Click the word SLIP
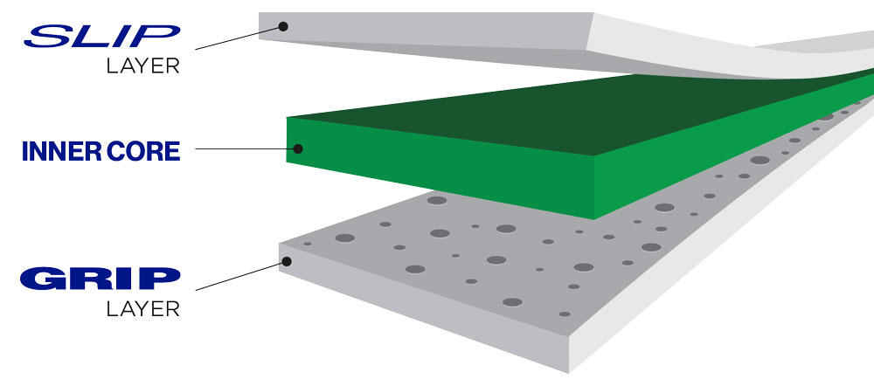[102, 36]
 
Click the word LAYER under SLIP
[143, 65]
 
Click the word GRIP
[101, 279]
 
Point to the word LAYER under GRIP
[143, 308]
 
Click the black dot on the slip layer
[283, 26]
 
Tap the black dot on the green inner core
[298, 148]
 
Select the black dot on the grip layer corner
[287, 260]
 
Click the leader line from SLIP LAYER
[239, 38]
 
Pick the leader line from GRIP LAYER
[241, 276]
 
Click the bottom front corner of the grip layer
[569, 373]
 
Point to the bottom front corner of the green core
[594, 219]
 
